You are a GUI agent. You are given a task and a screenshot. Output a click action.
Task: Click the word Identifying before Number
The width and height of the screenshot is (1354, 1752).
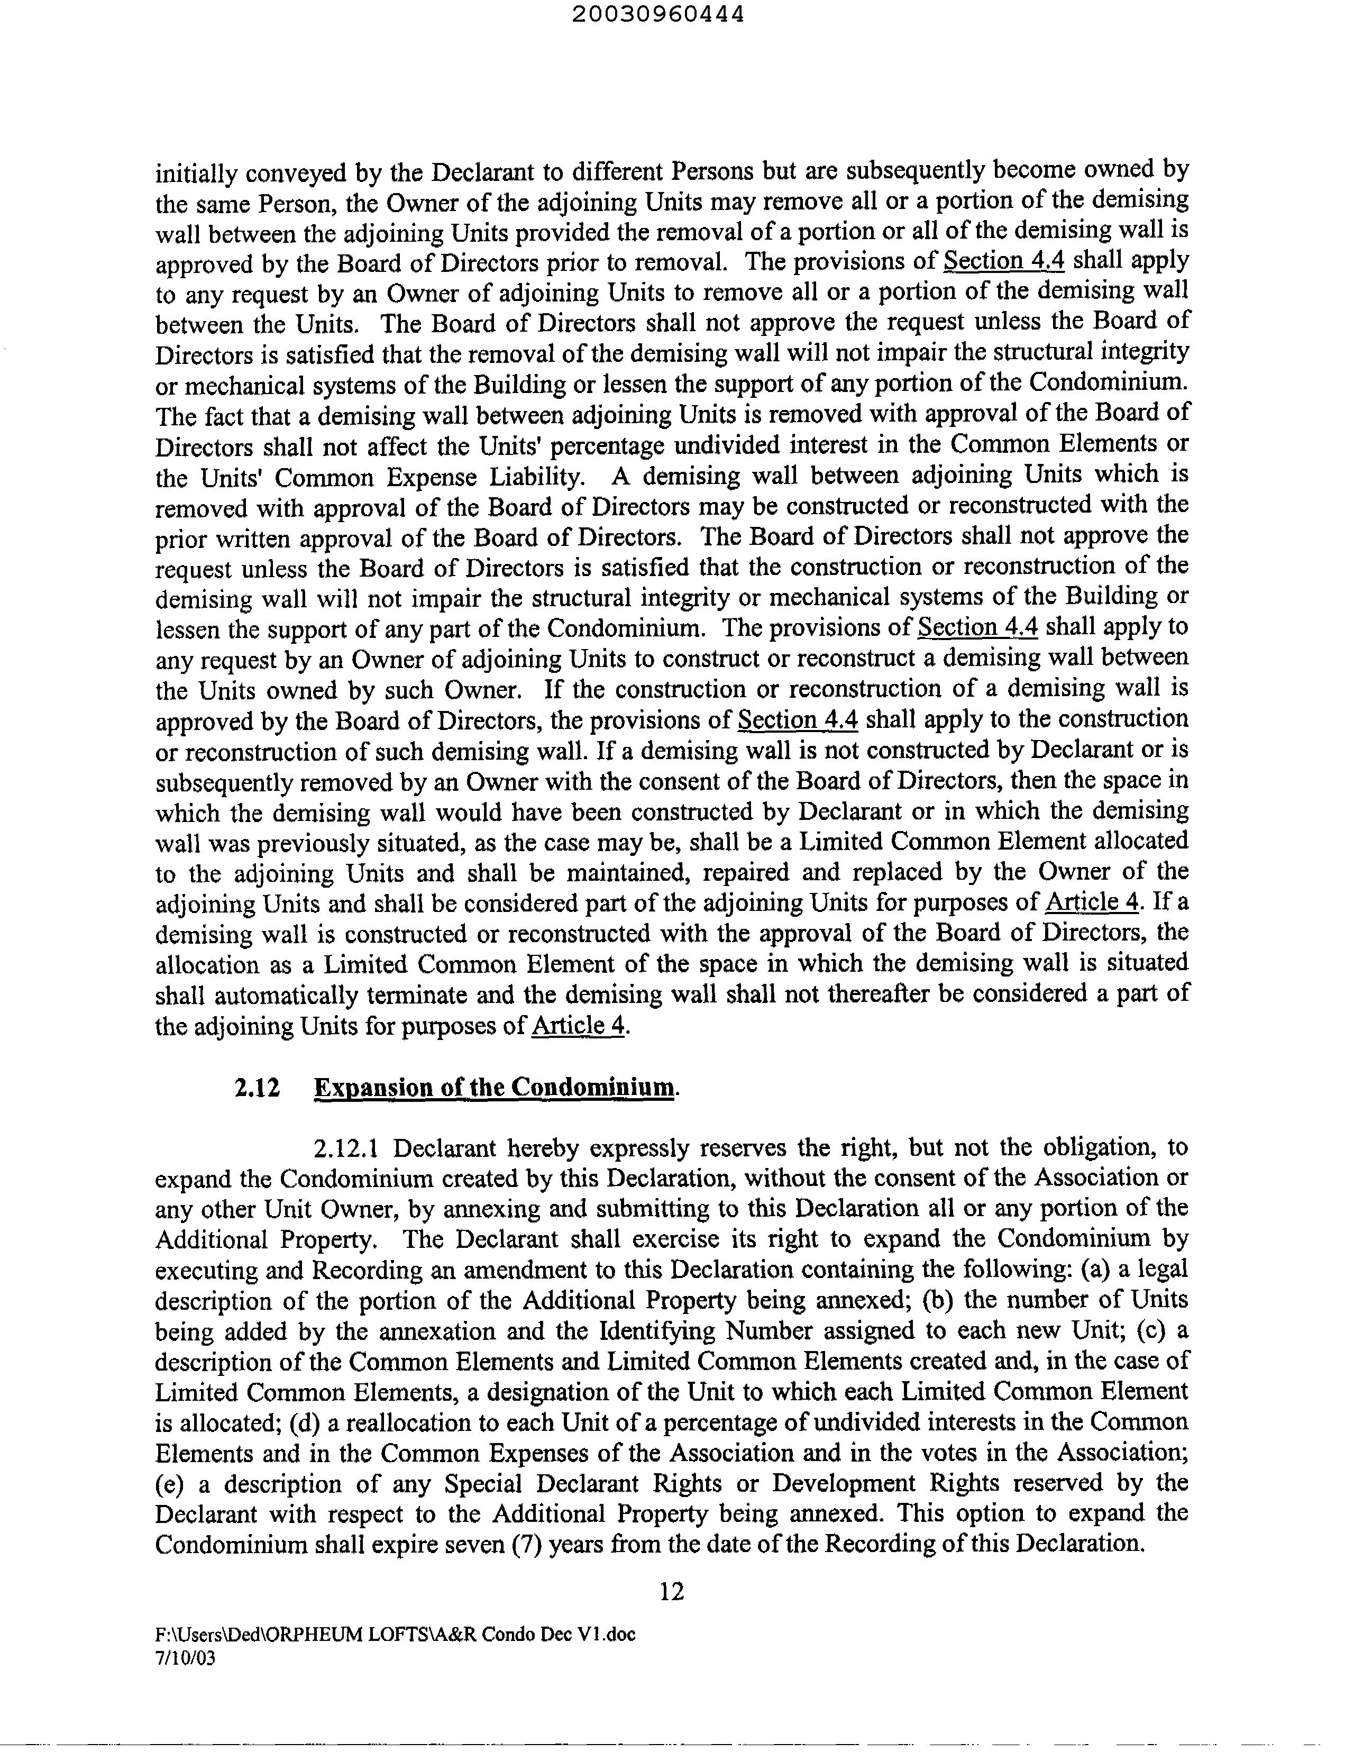pyautogui.click(x=657, y=1331)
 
